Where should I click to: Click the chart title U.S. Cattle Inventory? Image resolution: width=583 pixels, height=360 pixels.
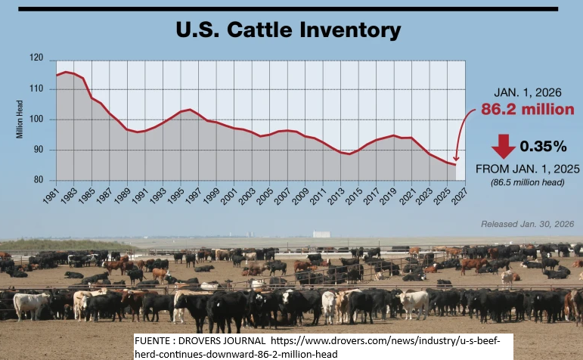coord(287,30)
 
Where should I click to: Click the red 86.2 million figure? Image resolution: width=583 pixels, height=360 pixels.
coord(527,110)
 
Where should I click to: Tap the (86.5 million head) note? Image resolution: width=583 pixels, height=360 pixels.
coord(527,182)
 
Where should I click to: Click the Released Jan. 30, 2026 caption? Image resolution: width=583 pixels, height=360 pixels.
coord(528,225)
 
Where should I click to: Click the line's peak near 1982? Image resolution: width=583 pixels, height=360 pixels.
coord(67,72)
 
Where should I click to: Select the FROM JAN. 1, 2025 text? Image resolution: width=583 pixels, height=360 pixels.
coord(527,168)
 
